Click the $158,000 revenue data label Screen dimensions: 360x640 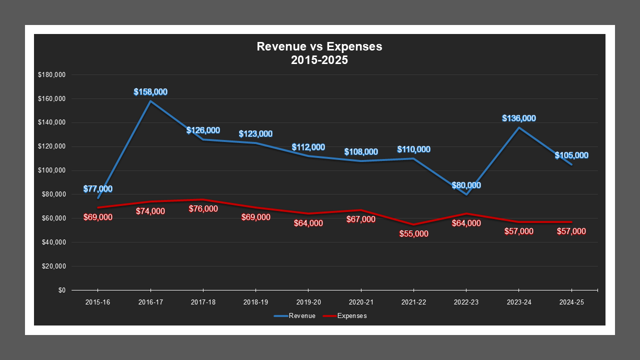click(150, 92)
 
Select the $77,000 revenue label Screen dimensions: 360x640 click(98, 189)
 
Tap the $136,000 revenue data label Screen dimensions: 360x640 click(519, 118)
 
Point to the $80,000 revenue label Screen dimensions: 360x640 click(466, 185)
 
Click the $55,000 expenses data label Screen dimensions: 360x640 click(414, 233)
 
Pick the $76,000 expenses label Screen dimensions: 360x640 click(203, 209)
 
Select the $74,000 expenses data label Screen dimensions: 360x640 click(150, 211)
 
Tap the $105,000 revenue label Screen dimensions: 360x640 click(571, 155)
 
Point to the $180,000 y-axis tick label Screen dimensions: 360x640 click(51, 75)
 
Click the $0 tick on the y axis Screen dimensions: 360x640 click(61, 290)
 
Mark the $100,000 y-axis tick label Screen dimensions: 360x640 click(51, 170)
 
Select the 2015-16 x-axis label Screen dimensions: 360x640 click(98, 302)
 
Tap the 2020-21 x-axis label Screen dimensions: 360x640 click(361, 302)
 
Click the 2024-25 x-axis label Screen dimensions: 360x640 click(571, 302)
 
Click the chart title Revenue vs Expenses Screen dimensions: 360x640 click(319, 46)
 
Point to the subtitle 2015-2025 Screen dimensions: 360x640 click(319, 60)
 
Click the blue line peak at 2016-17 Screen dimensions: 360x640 click(150, 101)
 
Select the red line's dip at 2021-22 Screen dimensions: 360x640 click(414, 224)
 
